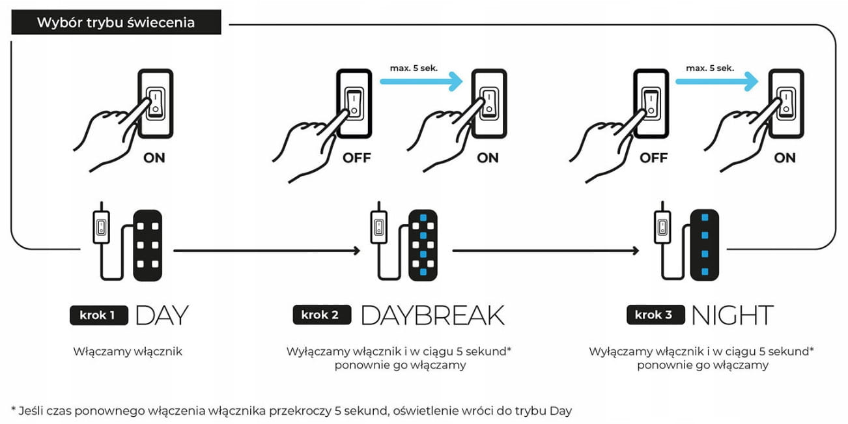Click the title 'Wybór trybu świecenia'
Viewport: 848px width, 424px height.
(116, 22)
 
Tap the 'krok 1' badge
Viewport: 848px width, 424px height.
(99, 315)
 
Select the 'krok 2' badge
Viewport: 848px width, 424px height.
(322, 315)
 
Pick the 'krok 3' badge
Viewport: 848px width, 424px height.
(656, 315)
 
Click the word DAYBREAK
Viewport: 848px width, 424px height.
(433, 315)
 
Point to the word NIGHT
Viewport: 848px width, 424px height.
(733, 315)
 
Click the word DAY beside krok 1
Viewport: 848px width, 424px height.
(162, 315)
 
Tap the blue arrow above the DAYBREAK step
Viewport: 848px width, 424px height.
(421, 81)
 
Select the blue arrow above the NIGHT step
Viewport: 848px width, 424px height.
(717, 81)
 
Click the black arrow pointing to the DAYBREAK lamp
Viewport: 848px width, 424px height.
(266, 250)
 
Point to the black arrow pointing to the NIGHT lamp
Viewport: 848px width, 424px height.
(546, 250)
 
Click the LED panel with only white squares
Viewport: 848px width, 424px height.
(148, 246)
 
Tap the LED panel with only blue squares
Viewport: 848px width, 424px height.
(705, 245)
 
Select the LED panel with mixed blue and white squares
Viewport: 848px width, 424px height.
(423, 245)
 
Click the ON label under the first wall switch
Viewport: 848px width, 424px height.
(154, 158)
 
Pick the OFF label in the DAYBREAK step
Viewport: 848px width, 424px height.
(357, 158)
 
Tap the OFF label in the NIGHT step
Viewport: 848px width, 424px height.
(654, 158)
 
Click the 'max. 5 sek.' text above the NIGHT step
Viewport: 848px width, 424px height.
(710, 68)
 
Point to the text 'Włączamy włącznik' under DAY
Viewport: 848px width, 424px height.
(128, 351)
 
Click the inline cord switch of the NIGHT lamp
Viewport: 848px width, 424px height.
(662, 227)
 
